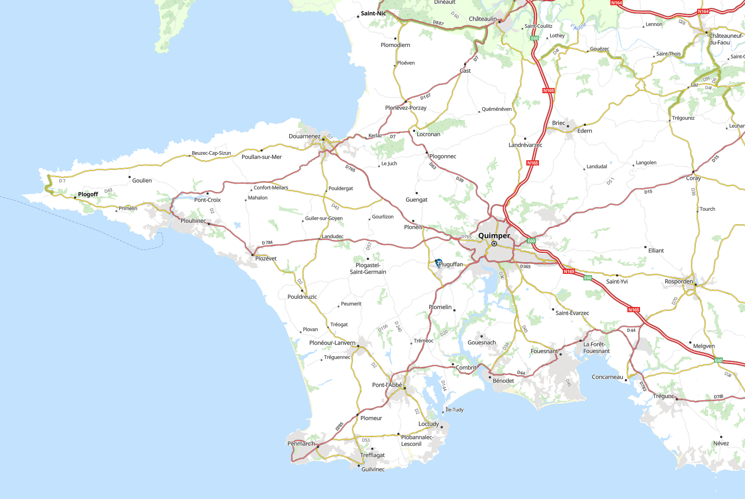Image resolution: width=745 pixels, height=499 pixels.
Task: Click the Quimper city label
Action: (x=494, y=236)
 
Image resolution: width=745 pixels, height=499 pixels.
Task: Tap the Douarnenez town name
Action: (x=304, y=136)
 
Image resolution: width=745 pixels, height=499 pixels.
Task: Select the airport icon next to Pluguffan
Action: (x=438, y=263)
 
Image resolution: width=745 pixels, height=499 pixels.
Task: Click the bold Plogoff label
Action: (x=88, y=194)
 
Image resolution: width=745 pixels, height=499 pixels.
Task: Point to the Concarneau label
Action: (x=607, y=377)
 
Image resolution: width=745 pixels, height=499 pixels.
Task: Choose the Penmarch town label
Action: (x=301, y=444)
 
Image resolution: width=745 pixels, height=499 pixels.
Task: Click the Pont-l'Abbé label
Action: (x=387, y=385)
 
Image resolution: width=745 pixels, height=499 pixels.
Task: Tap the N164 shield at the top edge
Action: (x=616, y=3)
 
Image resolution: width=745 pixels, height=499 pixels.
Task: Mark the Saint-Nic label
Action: (x=373, y=13)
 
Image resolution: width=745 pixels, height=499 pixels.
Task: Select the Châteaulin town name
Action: (x=482, y=19)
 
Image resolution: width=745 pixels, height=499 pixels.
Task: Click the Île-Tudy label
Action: (x=454, y=410)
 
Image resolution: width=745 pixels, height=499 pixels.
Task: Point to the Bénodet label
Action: (x=503, y=381)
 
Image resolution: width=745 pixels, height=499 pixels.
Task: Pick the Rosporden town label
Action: (x=678, y=281)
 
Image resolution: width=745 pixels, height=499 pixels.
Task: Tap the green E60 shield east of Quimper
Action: (x=531, y=241)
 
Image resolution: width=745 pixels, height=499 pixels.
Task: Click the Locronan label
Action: (x=428, y=134)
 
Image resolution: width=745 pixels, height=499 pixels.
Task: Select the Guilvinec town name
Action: (x=373, y=469)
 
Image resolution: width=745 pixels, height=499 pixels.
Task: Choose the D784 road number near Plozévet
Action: (x=267, y=243)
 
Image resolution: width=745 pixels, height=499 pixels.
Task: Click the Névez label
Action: (x=721, y=443)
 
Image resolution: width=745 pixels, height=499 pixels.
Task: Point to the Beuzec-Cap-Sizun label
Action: (x=211, y=153)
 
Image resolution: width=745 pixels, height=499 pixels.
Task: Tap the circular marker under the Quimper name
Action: (x=494, y=244)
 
